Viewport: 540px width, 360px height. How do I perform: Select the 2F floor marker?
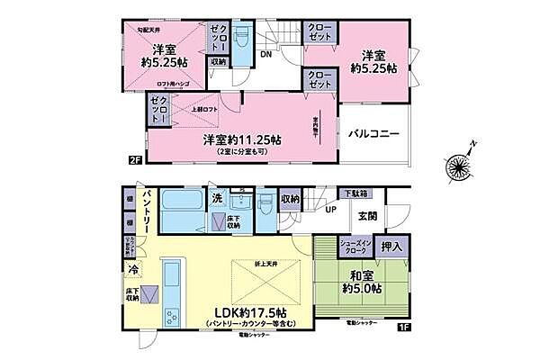point(135,160)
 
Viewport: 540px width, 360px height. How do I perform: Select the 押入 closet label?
point(391,244)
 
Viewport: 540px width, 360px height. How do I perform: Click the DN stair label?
point(265,54)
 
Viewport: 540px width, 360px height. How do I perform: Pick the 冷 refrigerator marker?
point(132,269)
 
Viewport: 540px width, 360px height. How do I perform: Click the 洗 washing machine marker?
point(217,197)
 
